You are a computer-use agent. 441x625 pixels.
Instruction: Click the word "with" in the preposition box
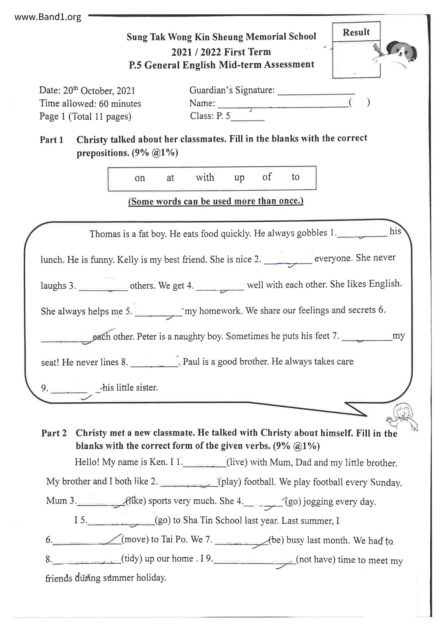pos(205,177)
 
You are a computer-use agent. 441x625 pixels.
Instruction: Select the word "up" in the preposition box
pos(239,177)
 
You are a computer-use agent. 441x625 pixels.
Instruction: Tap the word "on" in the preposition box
pos(140,178)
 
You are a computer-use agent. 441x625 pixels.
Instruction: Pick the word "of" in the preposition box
pos(267,177)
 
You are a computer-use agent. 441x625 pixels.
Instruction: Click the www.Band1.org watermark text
pos(48,17)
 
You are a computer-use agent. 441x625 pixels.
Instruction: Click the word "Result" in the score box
pos(356,32)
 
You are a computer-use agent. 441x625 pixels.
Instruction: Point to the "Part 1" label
pos(52,140)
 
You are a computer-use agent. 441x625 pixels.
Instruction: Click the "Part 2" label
pos(54,433)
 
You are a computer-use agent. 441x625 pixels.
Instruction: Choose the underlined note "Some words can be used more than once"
pos(216,201)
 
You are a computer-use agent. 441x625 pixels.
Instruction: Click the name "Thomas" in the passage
pos(105,234)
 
